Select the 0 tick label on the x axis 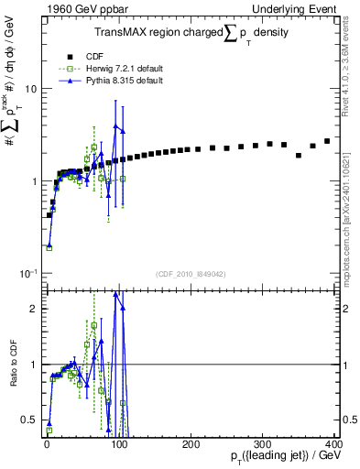47,444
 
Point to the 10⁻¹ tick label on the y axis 27,273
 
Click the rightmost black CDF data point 327,141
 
